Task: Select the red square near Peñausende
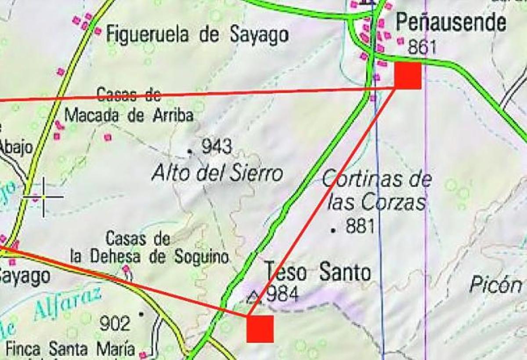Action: (408, 76)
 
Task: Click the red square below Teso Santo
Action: (260, 329)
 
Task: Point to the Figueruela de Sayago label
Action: (198, 35)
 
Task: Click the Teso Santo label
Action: (318, 272)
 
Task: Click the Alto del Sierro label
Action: (217, 174)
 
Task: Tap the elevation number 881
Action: (360, 227)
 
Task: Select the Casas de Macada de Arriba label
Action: (129, 105)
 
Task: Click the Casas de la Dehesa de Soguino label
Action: (149, 249)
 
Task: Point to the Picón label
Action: (496, 285)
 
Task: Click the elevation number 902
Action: (115, 324)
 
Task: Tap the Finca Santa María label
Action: (70, 349)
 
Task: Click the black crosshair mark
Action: (44, 196)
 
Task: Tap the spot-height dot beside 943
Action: (190, 151)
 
